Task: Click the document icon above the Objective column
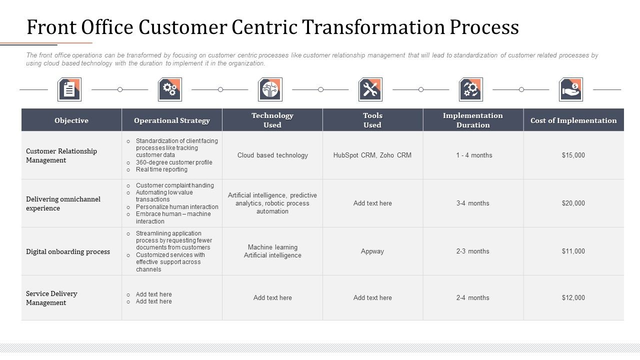tap(69, 89)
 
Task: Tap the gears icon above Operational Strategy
tap(170, 89)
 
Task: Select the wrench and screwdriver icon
tap(370, 89)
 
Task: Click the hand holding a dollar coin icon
tap(571, 89)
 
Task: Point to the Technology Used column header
tap(272, 120)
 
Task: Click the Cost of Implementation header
tap(573, 120)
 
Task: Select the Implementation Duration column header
tap(473, 120)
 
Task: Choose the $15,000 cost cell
tap(573, 155)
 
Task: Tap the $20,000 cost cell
tap(573, 203)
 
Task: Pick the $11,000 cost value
tap(573, 251)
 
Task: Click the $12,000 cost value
tap(573, 297)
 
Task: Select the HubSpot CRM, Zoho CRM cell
tap(372, 155)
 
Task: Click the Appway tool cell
tap(372, 251)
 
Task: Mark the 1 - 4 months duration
tap(474, 155)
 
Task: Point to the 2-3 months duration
tap(473, 251)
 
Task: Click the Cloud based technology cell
tap(272, 155)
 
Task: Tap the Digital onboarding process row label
tap(68, 251)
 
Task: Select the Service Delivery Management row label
tap(51, 298)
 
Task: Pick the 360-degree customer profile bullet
tap(174, 162)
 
